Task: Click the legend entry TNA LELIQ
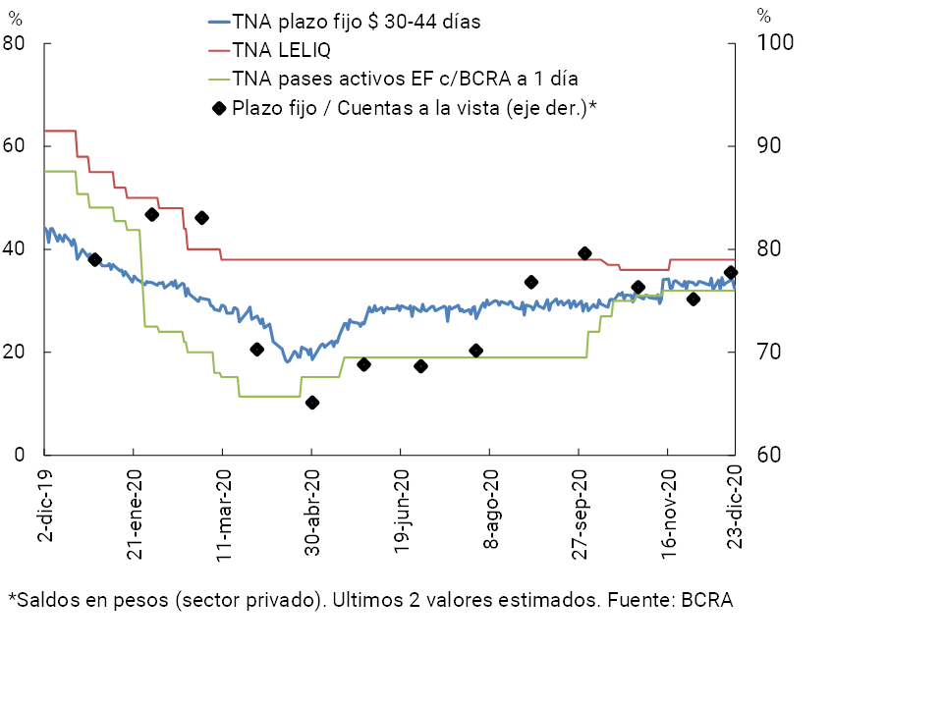click(x=281, y=49)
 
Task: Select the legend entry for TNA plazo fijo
click(x=356, y=22)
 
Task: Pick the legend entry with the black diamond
click(x=416, y=107)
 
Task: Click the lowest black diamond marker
click(x=312, y=403)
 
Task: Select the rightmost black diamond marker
click(x=731, y=273)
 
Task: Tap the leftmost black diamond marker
click(x=95, y=259)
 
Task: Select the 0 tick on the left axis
click(x=20, y=456)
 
